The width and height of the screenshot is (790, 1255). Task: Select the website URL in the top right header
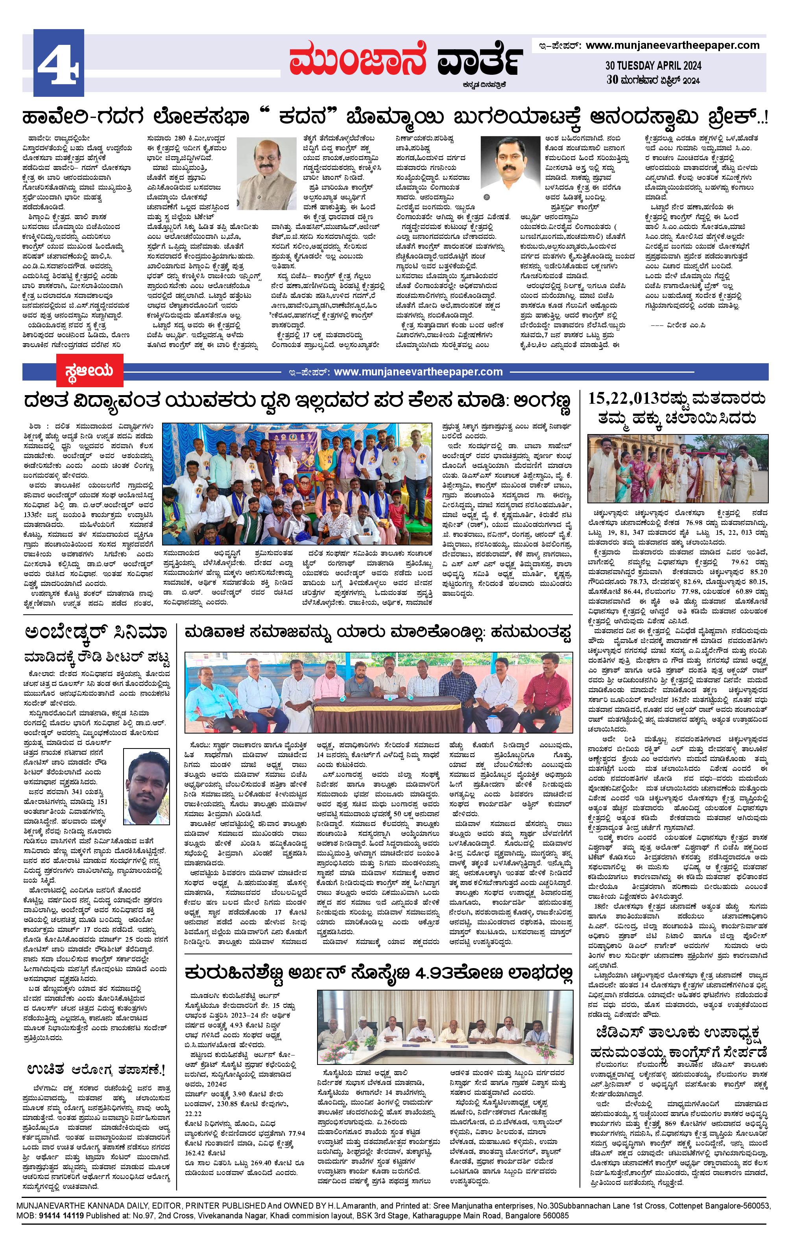click(x=672, y=45)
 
